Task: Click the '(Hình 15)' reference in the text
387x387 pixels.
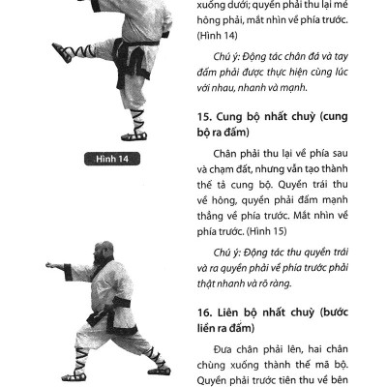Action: tap(244, 232)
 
